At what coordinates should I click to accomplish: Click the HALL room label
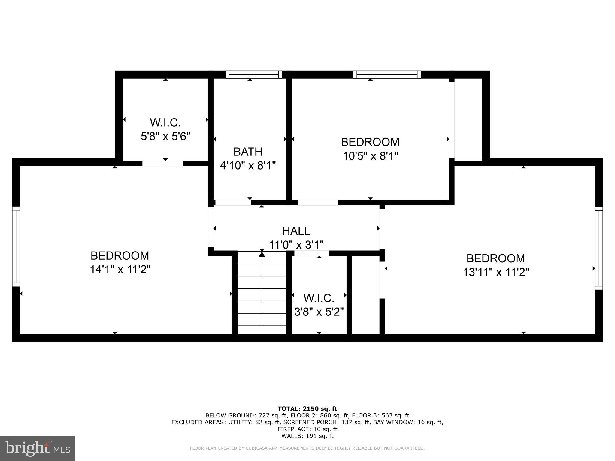pyautogui.click(x=296, y=231)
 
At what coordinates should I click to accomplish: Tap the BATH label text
pyautogui.click(x=248, y=152)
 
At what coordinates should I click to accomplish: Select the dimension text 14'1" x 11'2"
pyautogui.click(x=120, y=270)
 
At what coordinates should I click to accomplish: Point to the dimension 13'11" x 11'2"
pyautogui.click(x=495, y=272)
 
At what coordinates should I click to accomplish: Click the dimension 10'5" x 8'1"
pyautogui.click(x=370, y=156)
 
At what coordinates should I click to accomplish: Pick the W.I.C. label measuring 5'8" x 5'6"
pyautogui.click(x=165, y=122)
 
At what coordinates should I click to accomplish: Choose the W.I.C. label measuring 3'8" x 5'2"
pyautogui.click(x=319, y=298)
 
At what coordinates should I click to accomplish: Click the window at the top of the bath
pyautogui.click(x=254, y=74)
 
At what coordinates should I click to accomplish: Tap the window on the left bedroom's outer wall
pyautogui.click(x=16, y=246)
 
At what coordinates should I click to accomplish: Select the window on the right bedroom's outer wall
pyautogui.click(x=599, y=248)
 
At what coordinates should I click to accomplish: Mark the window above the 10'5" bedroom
pyautogui.click(x=387, y=74)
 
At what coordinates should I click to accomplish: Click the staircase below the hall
pyautogui.click(x=262, y=293)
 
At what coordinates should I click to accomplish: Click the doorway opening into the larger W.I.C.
pyautogui.click(x=162, y=164)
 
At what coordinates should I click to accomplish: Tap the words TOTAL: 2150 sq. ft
pyautogui.click(x=307, y=408)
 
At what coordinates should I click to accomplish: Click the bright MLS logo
pyautogui.click(x=37, y=448)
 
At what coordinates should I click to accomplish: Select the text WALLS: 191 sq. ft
pyautogui.click(x=307, y=436)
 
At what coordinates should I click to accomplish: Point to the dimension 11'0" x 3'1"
pyautogui.click(x=296, y=245)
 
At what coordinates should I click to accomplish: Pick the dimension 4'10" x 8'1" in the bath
pyautogui.click(x=248, y=165)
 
